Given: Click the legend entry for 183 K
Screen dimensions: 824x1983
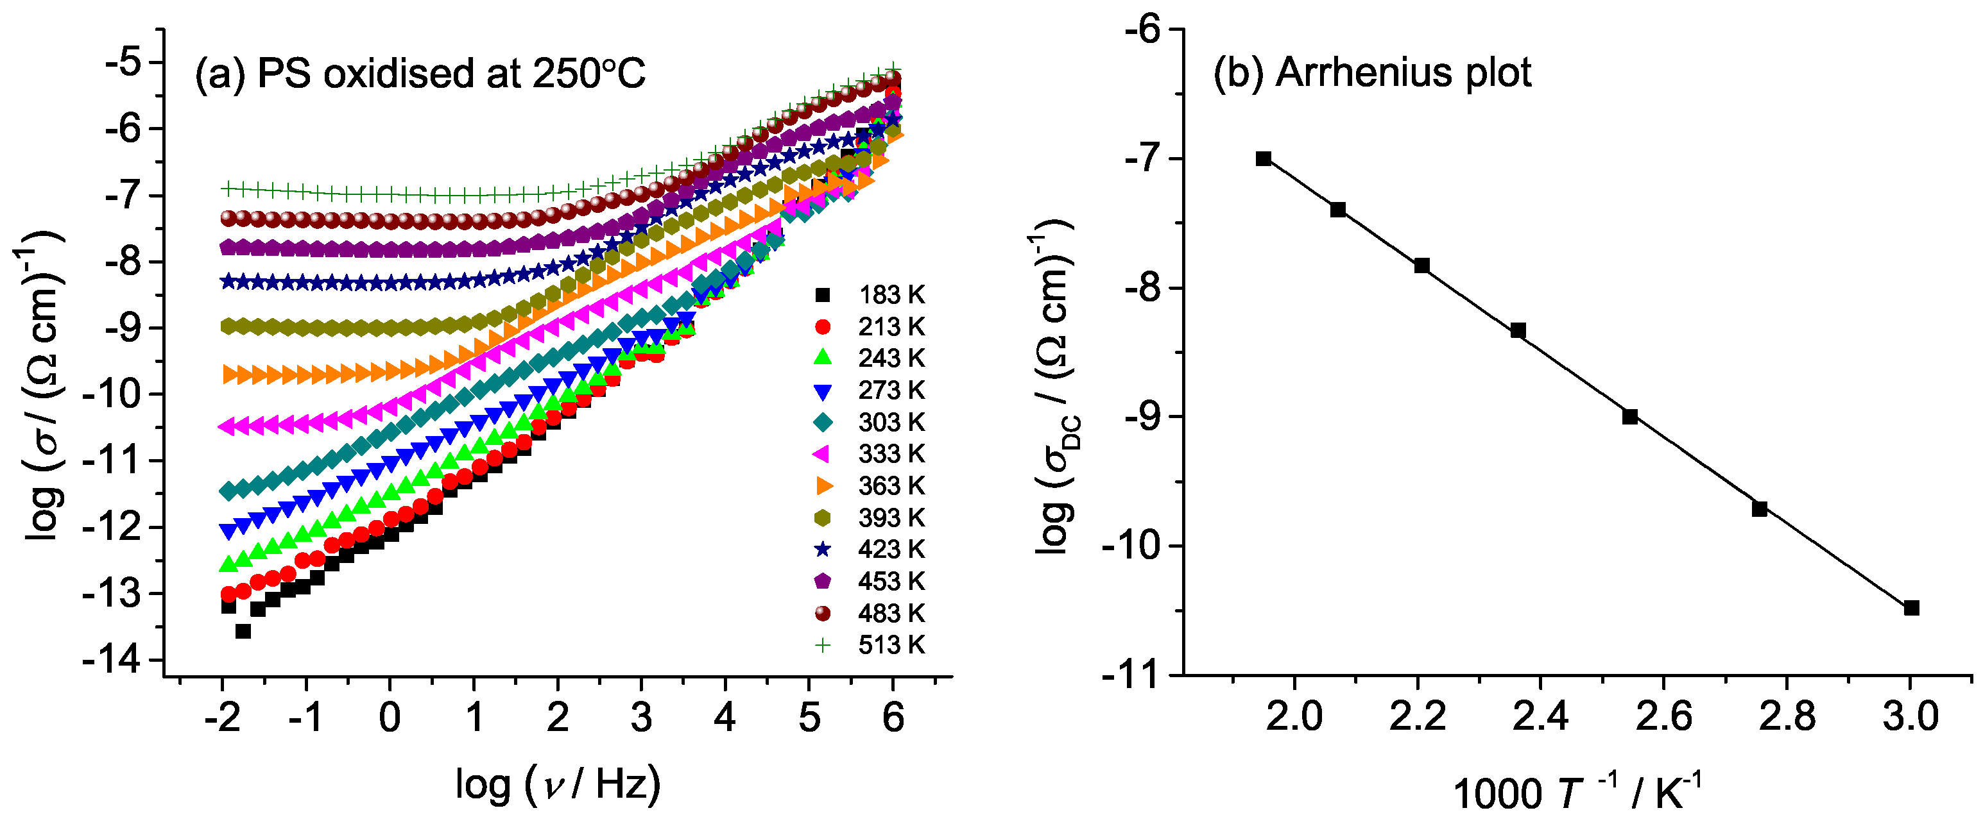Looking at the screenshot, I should pyautogui.click(x=870, y=295).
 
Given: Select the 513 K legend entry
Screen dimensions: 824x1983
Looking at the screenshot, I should pyautogui.click(x=870, y=644).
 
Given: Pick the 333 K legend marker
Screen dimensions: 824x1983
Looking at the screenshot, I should pyautogui.click(x=822, y=454).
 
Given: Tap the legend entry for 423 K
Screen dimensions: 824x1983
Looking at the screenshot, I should pyautogui.click(x=870, y=550).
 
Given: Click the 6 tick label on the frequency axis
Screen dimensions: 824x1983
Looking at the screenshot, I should pyautogui.click(x=893, y=717).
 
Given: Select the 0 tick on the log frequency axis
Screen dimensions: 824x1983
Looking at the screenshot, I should pyautogui.click(x=390, y=717).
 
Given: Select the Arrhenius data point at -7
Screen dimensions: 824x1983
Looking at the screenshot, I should pyautogui.click(x=1263, y=158).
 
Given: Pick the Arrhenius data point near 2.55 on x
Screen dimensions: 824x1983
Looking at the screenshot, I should pyautogui.click(x=1629, y=416).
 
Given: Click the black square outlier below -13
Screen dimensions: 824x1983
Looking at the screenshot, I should pyautogui.click(x=243, y=631).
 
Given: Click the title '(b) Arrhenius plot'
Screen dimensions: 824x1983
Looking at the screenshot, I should pyautogui.click(x=1372, y=73).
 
